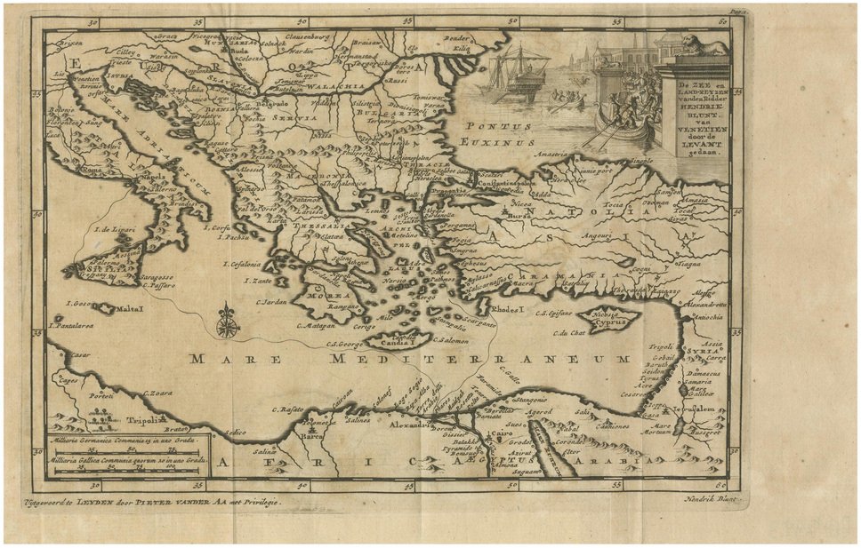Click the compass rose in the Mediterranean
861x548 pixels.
click(228, 320)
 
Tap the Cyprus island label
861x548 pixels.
click(607, 324)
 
